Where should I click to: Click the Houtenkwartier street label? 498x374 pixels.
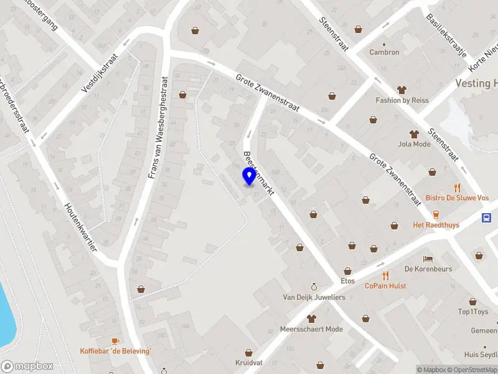coord(81,227)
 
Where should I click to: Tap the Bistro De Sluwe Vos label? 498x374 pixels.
coord(457,198)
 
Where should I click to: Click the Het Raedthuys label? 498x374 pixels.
coord(436,224)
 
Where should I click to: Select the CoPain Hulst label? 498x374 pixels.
coord(385,285)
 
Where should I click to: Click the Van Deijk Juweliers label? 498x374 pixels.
coord(314,297)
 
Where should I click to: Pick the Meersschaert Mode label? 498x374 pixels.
coord(311,328)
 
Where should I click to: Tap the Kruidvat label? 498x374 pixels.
coord(249,362)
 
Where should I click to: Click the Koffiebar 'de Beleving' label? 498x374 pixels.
coord(115,351)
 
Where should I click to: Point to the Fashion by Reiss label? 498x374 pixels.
coord(402,100)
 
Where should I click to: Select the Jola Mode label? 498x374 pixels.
coord(414,144)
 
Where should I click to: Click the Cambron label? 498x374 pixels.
coord(384,52)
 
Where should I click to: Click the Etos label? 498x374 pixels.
coord(347,281)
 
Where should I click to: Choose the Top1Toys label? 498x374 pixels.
coord(473,312)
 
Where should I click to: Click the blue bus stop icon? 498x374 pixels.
coord(487,218)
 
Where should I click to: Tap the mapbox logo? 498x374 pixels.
coord(27,367)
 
